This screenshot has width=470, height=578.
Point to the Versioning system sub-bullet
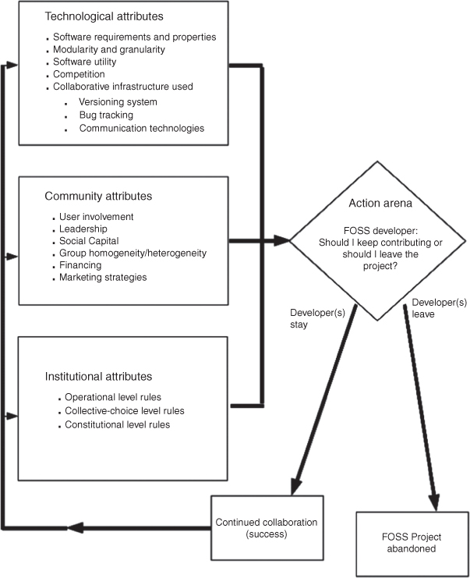pyautogui.click(x=118, y=101)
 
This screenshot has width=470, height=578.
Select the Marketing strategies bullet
pyautogui.click(x=103, y=277)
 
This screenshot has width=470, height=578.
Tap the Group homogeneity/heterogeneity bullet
pyautogui.click(x=133, y=253)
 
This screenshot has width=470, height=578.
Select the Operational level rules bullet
pyautogui.click(x=113, y=397)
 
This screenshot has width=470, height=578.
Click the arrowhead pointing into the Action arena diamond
pyautogui.click(x=281, y=241)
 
